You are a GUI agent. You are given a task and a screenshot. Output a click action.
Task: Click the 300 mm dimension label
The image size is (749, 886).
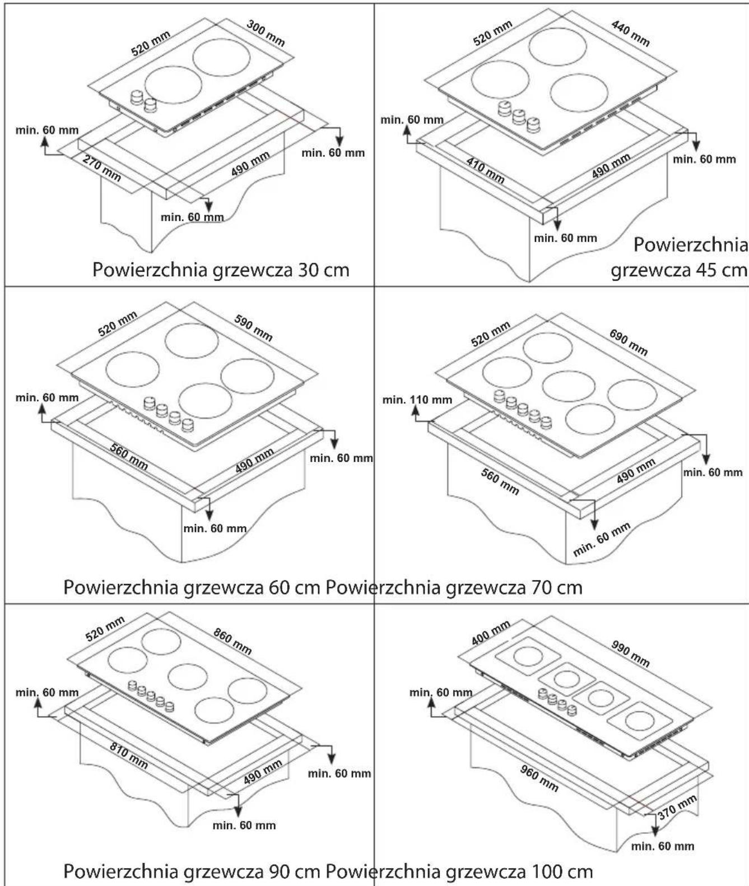(x=266, y=34)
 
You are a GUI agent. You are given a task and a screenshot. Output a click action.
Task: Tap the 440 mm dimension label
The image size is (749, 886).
(x=630, y=34)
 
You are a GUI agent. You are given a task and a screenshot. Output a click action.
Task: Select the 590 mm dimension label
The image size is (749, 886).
(x=253, y=328)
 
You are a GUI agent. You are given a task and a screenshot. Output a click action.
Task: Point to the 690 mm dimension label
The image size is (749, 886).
(x=628, y=342)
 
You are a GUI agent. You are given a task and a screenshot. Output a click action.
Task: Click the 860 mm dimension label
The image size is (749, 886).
(x=232, y=641)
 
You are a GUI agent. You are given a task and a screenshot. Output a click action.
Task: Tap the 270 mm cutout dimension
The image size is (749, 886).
(x=101, y=169)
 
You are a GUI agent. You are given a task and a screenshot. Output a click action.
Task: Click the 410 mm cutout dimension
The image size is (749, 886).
(x=485, y=170)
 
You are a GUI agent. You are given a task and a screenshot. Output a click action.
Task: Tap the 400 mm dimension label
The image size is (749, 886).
(x=491, y=633)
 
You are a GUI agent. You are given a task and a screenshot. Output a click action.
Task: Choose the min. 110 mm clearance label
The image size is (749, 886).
(x=417, y=400)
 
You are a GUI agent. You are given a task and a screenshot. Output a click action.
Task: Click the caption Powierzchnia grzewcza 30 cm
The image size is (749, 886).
(x=221, y=271)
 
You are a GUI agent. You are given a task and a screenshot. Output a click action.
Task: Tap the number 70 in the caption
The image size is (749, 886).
(x=536, y=587)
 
